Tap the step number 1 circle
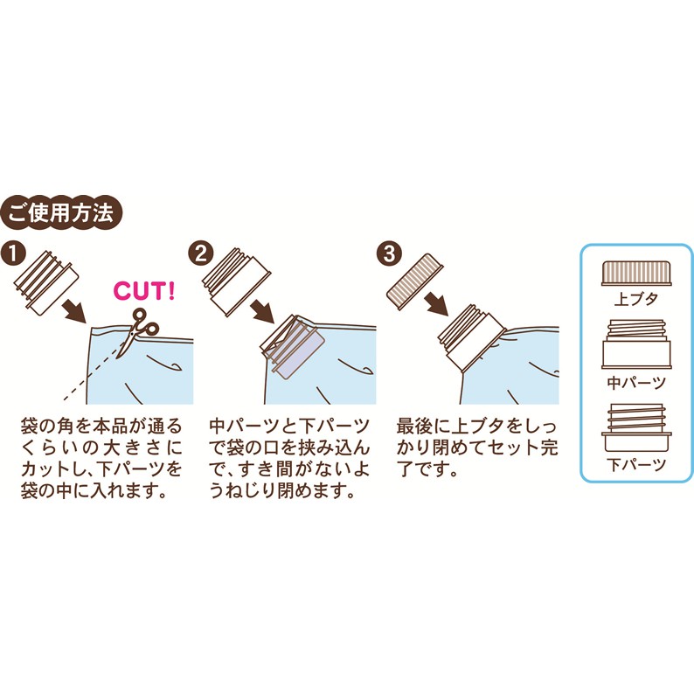click(14, 254)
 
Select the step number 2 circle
click(200, 254)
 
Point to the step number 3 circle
click(389, 254)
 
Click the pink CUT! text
click(144, 291)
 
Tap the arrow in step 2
click(262, 311)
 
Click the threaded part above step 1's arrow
click(46, 281)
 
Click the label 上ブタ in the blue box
click(636, 299)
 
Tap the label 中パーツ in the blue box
click(636, 383)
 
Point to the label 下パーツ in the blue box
click(636, 465)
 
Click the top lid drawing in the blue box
click(636, 274)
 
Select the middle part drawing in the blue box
click(636, 344)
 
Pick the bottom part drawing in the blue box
click(636, 427)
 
